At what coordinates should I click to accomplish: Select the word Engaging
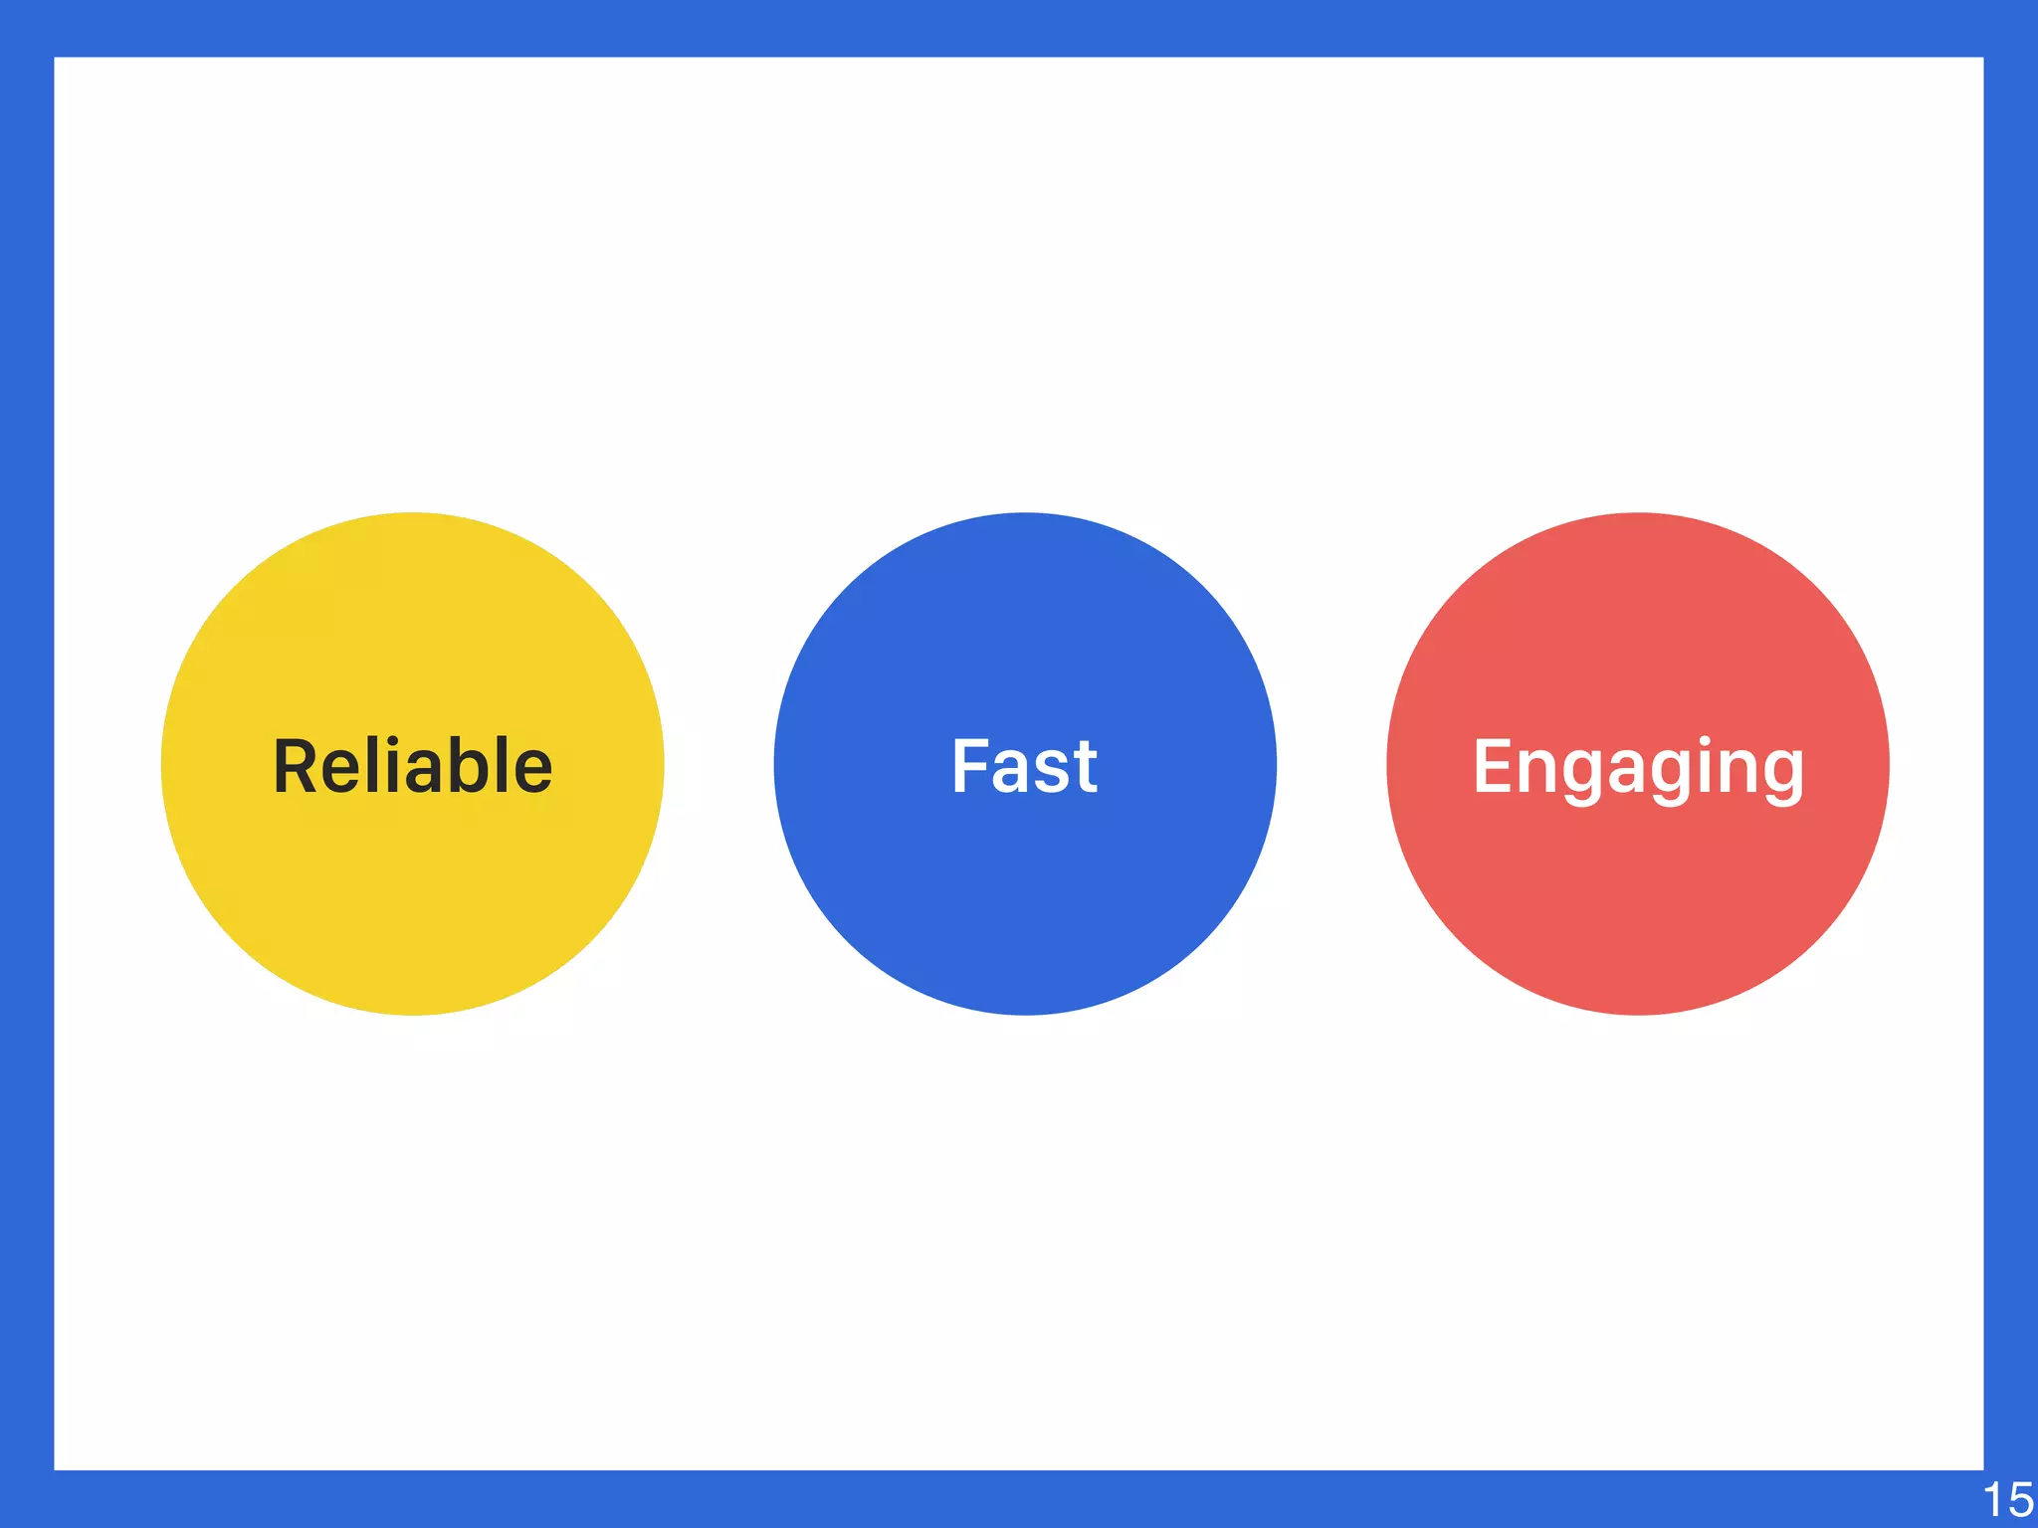tap(1638, 768)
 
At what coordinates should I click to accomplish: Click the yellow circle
tap(412, 895)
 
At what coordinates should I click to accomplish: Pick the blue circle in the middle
tap(1025, 895)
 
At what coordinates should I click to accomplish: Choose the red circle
tap(1638, 895)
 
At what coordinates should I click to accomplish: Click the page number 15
tap(2007, 1500)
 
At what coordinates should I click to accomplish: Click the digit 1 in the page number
tap(1993, 1500)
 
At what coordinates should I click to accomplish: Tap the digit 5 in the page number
tap(2020, 1500)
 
